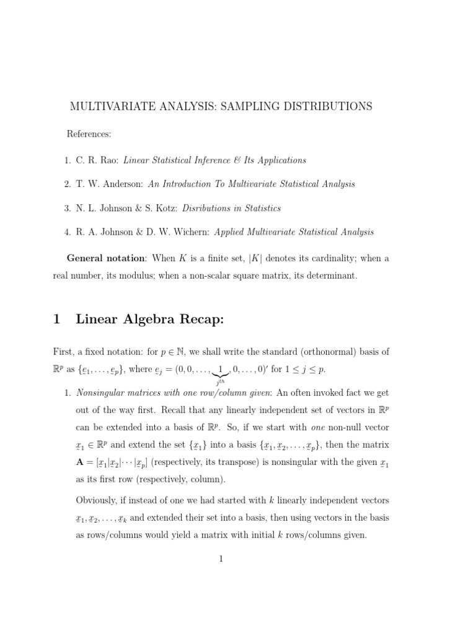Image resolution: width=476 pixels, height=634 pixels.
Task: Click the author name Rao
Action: click(109, 160)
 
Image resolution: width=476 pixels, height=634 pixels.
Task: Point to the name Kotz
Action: click(149, 208)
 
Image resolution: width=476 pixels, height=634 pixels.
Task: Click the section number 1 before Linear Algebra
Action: click(56, 319)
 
